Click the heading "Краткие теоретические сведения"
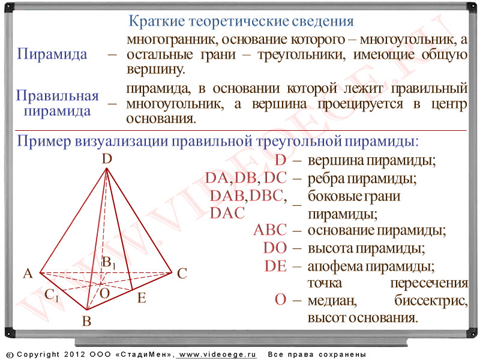tap(241, 21)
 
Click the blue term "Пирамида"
tap(52, 54)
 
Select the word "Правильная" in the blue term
tap(57, 96)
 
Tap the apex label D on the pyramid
tap(107, 159)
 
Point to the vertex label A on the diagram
tap(28, 274)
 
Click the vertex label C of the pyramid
tap(182, 274)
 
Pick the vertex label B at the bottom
tap(86, 321)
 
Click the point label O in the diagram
tap(104, 293)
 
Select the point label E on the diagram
tap(142, 298)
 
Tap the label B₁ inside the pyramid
tap(109, 263)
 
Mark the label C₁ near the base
tap(52, 295)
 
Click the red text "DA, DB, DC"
tap(246, 178)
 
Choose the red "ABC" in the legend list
tap(270, 230)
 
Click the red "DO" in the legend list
tap(275, 248)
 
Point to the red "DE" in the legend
tap(275, 266)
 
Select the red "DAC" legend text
tap(227, 213)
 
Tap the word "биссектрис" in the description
tap(431, 301)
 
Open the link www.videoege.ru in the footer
tap(217, 355)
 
